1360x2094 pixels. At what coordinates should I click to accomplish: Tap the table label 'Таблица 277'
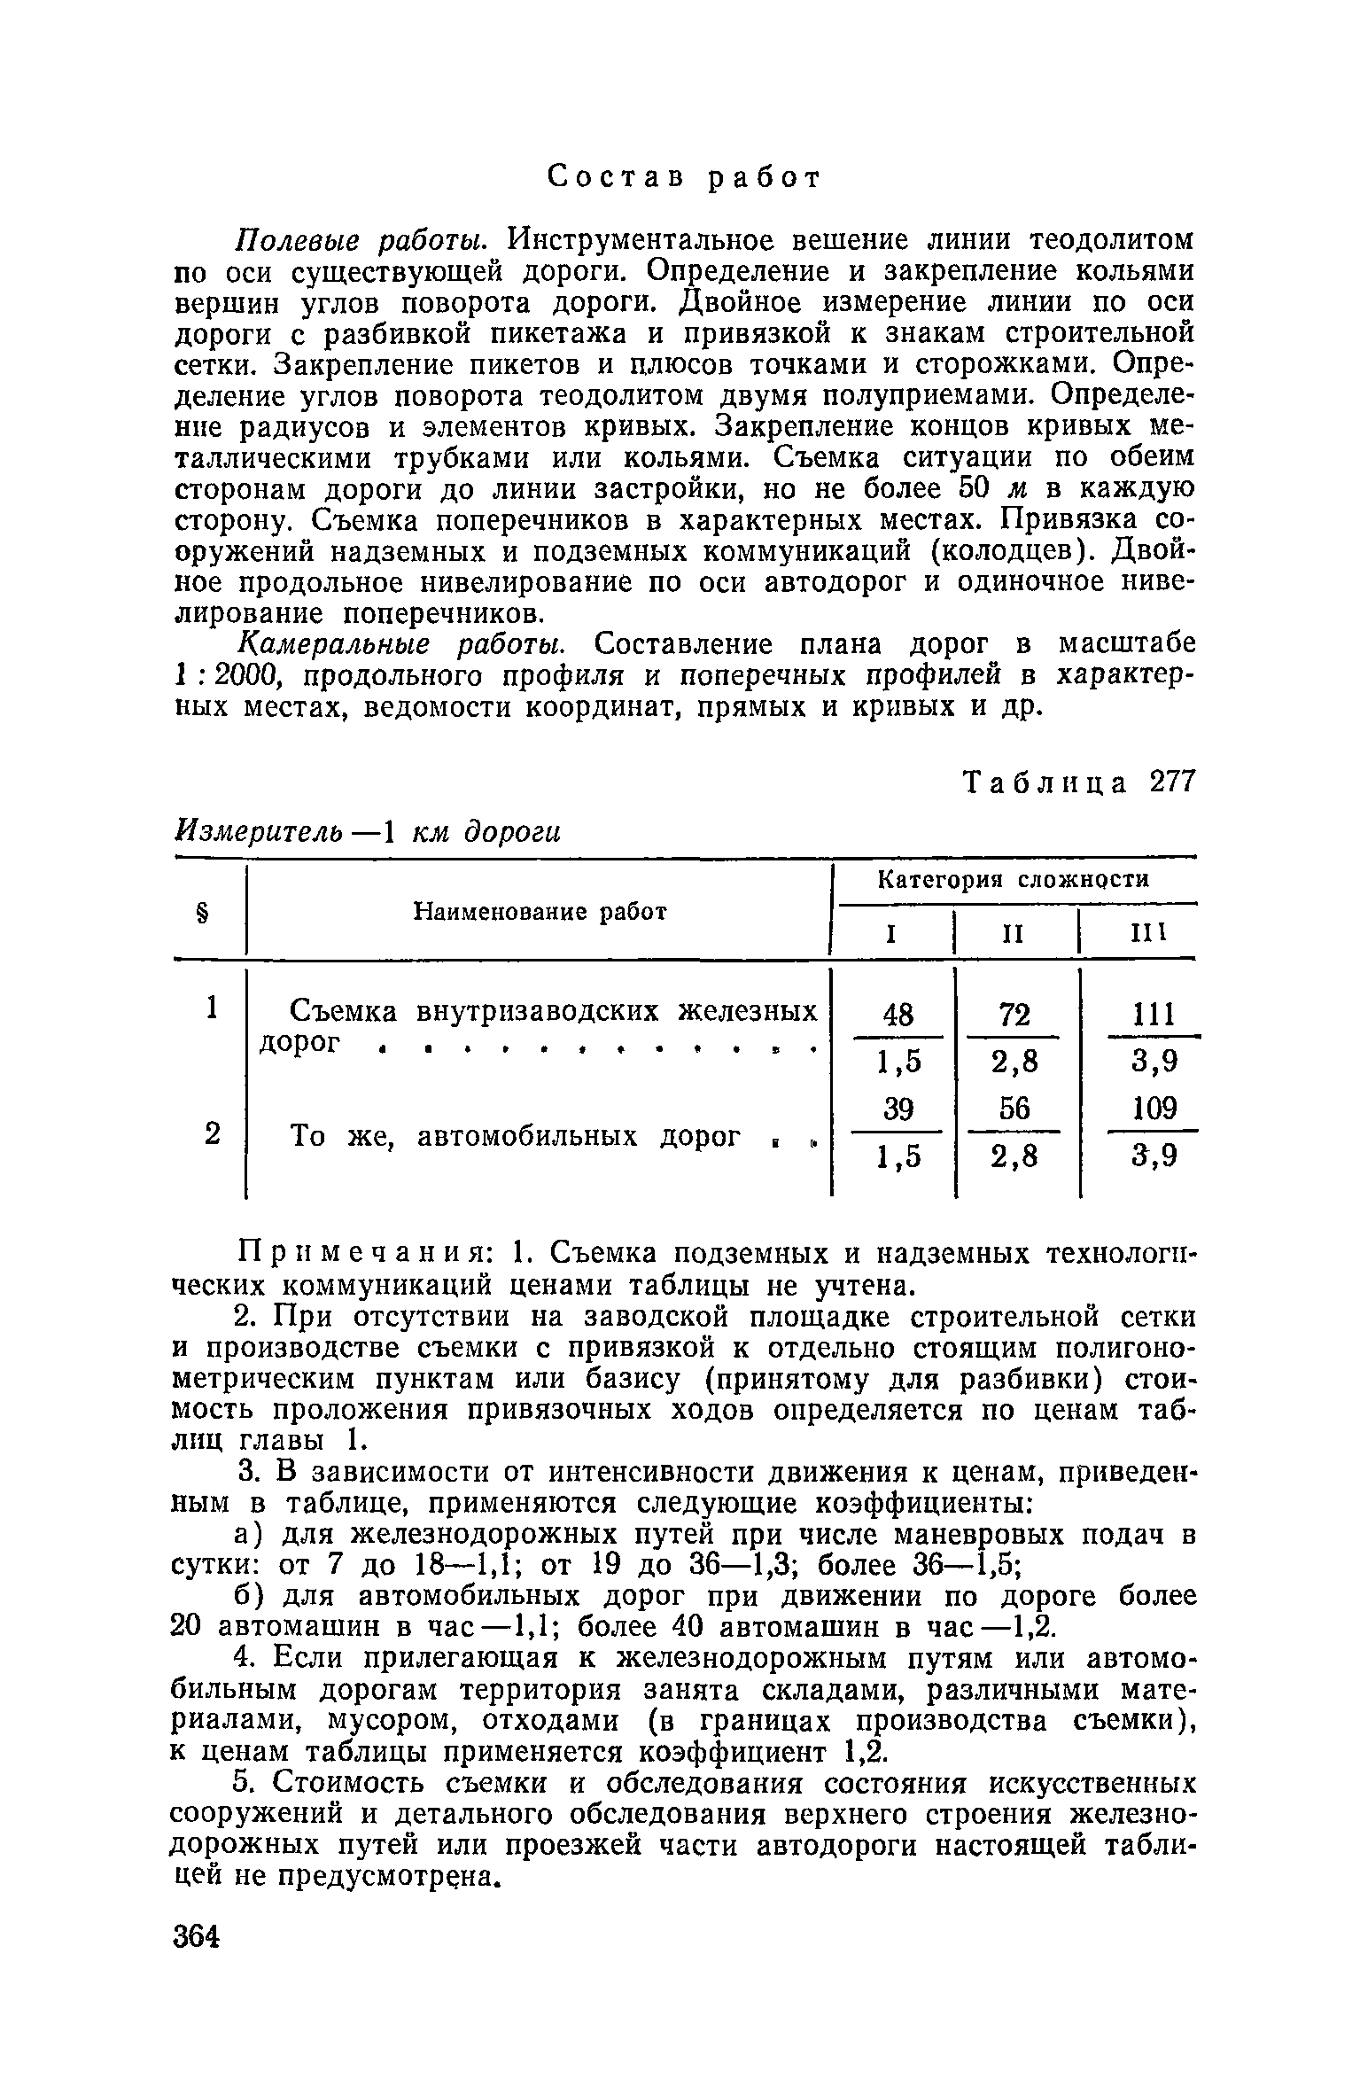1078,782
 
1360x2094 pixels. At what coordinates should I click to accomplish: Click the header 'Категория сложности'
1012,880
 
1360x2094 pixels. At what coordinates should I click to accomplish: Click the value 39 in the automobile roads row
898,1109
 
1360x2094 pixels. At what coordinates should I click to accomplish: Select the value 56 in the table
1014,1109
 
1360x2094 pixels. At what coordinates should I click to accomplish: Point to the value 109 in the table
1154,1109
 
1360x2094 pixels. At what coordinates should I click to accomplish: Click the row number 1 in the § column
212,1008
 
